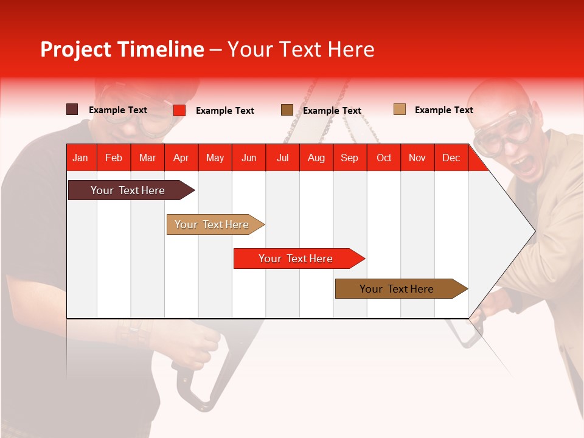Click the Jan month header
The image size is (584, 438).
80,158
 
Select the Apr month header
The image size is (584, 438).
181,158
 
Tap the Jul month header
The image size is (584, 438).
282,158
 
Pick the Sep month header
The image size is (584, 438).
349,158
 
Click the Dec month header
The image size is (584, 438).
451,158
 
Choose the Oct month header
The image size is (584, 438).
383,158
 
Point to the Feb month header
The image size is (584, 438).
114,158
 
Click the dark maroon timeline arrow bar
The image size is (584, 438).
128,190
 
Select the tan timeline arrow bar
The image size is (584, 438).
212,224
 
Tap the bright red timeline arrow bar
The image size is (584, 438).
296,259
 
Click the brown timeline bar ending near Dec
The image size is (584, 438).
397,289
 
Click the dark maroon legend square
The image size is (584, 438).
72,109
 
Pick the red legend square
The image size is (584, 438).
179,110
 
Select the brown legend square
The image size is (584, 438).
287,110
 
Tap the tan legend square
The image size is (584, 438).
400,109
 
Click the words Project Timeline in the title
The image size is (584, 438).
122,49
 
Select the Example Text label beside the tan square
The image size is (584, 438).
443,110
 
